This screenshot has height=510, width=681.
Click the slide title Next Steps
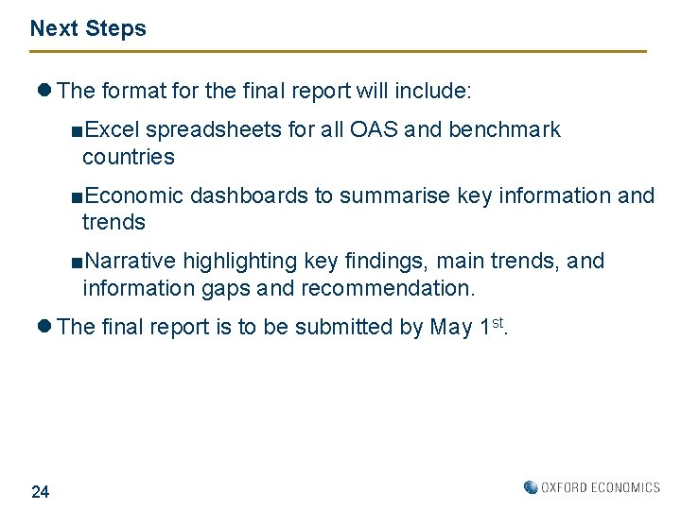(88, 28)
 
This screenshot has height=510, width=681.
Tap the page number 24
(41, 491)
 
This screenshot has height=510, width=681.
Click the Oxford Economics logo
(592, 487)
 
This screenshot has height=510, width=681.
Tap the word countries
(128, 157)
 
